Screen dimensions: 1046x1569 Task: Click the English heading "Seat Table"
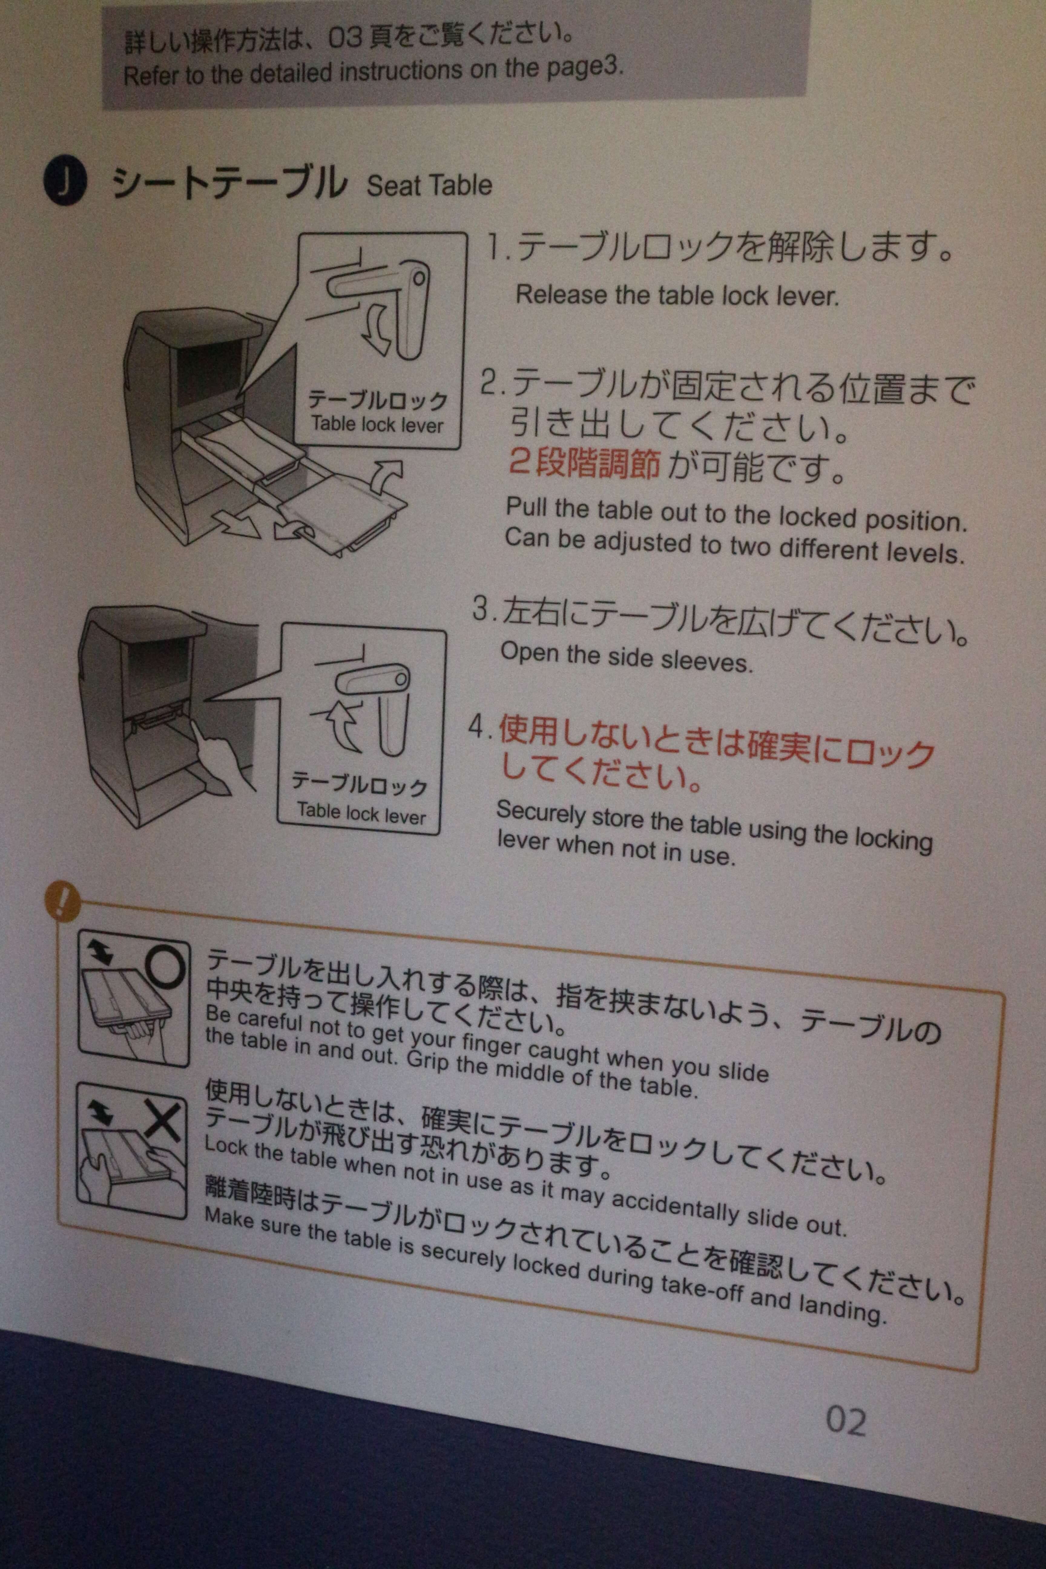pyautogui.click(x=429, y=186)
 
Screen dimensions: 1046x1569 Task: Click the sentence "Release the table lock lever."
pyautogui.click(x=677, y=295)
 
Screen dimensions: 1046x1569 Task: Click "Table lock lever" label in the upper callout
pyautogui.click(x=377, y=424)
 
